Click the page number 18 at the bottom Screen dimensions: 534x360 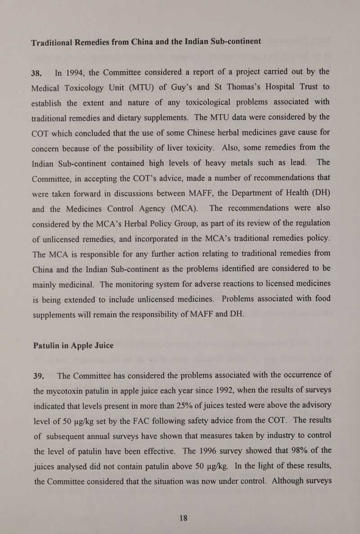(180, 518)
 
